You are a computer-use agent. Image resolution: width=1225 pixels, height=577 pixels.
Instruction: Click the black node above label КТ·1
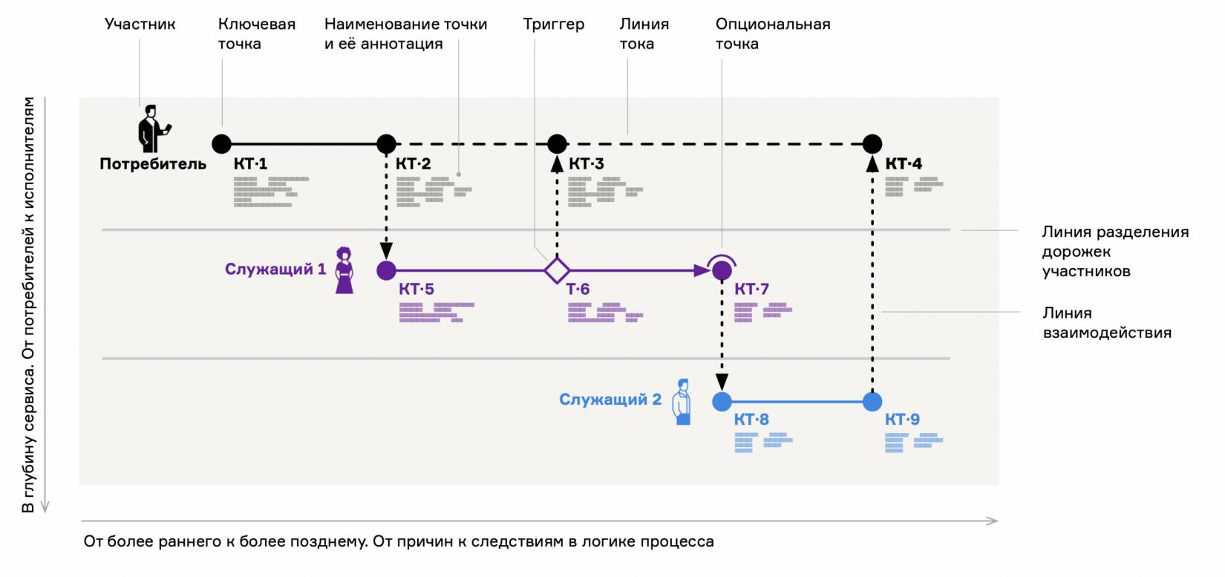tap(221, 143)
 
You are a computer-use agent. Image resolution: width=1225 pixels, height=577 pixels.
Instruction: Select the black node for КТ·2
tap(386, 143)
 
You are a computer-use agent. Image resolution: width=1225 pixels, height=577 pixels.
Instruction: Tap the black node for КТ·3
tap(557, 143)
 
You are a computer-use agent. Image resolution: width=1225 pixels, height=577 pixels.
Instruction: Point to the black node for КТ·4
tap(872, 143)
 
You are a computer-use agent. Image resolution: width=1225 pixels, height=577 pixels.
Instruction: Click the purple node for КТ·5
tap(386, 270)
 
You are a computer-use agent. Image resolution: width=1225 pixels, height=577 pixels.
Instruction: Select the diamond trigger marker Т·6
tap(557, 270)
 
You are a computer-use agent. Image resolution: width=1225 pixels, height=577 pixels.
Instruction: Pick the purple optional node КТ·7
tap(722, 270)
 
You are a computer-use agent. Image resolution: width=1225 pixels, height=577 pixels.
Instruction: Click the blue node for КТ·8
tap(722, 402)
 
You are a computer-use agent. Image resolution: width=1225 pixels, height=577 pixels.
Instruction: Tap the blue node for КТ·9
tap(872, 402)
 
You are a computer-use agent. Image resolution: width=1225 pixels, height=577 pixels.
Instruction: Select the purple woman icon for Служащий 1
tap(344, 270)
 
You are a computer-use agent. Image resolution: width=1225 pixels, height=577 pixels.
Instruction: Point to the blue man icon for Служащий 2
tap(682, 402)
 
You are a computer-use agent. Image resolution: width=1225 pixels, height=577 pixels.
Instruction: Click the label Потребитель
tap(153, 164)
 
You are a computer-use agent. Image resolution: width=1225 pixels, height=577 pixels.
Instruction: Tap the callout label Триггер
tap(553, 25)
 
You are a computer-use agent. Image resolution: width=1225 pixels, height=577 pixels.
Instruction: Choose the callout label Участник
tap(140, 25)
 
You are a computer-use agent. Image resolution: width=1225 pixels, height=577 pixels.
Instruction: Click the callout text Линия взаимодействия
tap(1106, 323)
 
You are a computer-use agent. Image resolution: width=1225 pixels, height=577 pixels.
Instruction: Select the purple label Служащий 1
tap(275, 270)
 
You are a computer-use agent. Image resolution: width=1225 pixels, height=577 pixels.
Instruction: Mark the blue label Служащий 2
tap(610, 400)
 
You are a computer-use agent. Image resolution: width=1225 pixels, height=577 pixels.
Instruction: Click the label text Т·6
tap(578, 290)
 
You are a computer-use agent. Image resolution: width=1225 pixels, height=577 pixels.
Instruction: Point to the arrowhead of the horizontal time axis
tap(993, 521)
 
